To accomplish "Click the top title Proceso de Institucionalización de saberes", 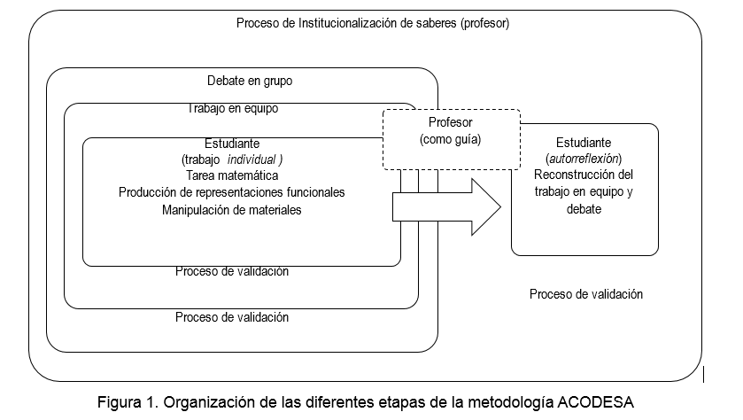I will [372, 23].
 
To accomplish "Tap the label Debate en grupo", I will [250, 81].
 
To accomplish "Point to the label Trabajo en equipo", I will [232, 109].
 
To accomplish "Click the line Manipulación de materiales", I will [232, 210].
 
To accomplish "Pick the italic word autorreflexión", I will [584, 159].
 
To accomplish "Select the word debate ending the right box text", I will [584, 209].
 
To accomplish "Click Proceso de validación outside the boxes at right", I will [585, 294].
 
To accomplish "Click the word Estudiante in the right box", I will [584, 143].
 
